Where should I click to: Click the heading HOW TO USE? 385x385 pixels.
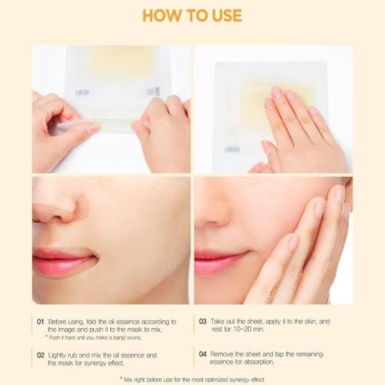click(192, 15)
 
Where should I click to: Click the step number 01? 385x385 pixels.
click(40, 321)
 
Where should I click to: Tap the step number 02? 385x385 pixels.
click(40, 355)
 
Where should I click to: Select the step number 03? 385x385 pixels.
click(203, 321)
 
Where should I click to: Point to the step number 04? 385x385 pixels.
click(203, 354)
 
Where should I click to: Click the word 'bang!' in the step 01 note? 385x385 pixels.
click(119, 338)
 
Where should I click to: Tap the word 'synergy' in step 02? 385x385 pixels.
click(94, 363)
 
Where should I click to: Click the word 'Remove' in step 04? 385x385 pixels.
click(222, 354)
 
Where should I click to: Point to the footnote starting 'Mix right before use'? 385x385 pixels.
click(192, 380)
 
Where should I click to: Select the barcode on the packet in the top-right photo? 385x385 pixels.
click(232, 149)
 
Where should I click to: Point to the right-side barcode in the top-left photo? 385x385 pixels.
click(154, 91)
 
